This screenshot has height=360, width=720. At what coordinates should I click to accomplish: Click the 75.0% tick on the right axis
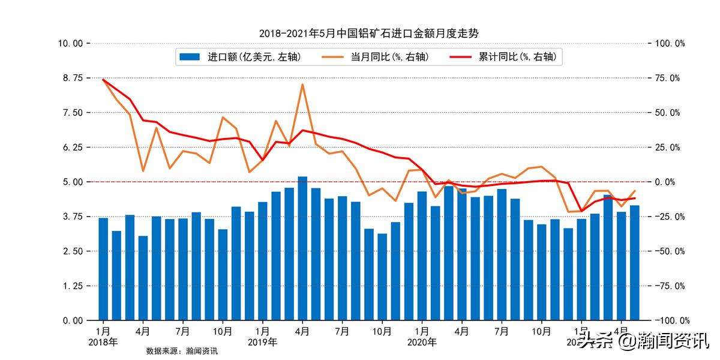pos(668,78)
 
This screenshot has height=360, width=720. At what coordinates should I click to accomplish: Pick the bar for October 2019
pos(382,277)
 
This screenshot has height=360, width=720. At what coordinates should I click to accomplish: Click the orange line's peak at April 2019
pos(302,84)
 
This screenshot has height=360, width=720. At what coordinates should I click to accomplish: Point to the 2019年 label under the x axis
pos(262,342)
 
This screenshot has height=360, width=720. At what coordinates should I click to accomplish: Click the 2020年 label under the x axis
pos(422,342)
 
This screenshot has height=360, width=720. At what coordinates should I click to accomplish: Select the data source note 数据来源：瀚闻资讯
pos(182,351)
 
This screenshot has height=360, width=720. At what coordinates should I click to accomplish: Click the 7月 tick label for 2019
pos(342,331)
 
